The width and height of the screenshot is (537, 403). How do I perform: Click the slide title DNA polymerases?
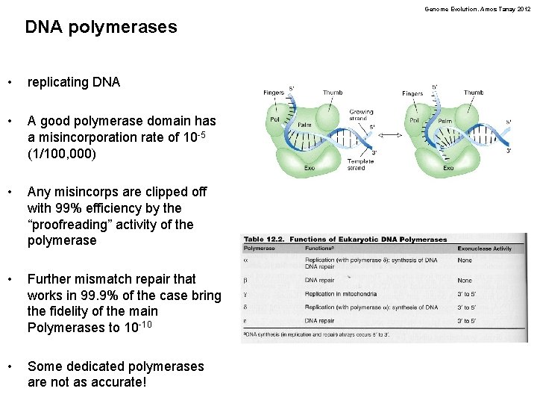(101, 28)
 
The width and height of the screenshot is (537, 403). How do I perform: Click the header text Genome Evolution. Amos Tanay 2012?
(477, 9)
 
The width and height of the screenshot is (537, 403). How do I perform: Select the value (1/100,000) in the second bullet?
(62, 154)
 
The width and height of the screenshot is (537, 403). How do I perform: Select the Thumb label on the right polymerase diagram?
(473, 93)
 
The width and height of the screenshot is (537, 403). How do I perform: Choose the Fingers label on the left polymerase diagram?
(274, 93)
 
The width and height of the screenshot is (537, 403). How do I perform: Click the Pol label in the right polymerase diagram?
(414, 120)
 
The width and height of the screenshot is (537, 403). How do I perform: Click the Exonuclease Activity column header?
(485, 248)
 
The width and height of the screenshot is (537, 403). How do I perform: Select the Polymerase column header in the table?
(260, 248)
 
